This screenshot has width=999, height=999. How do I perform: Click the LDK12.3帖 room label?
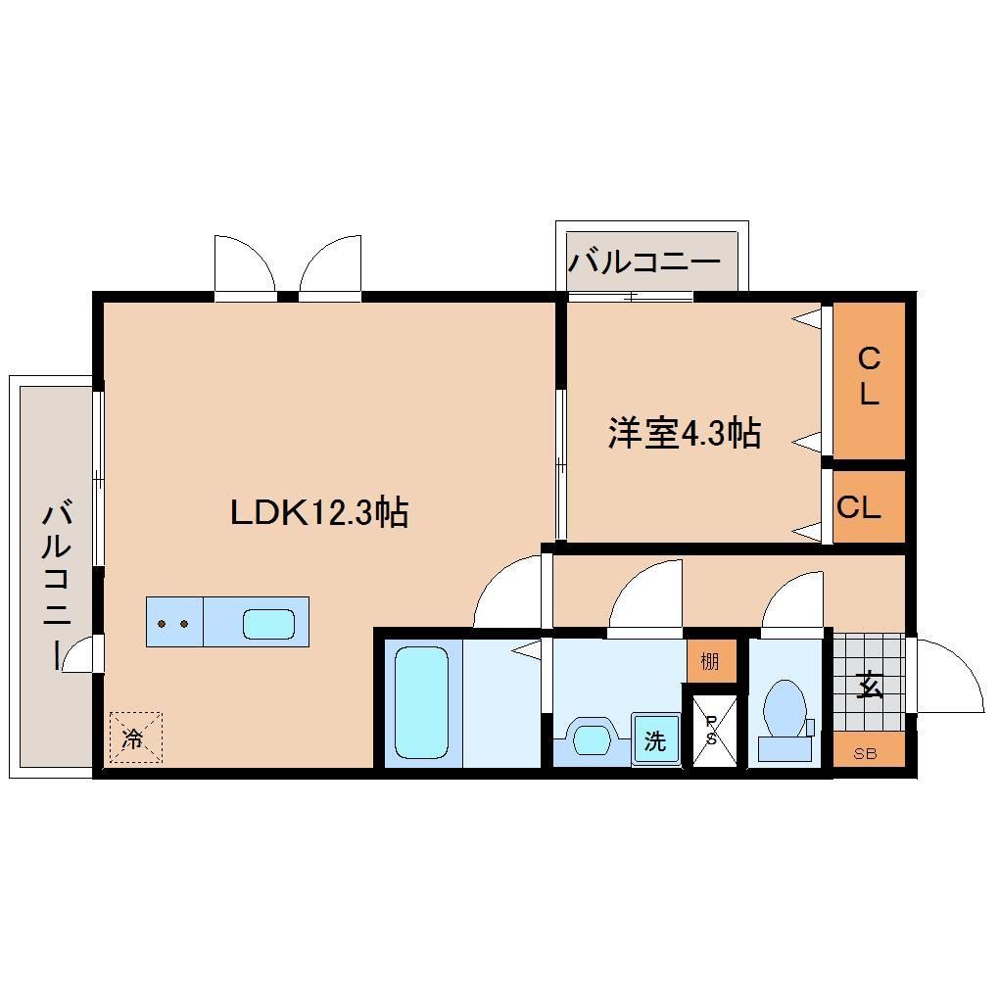[319, 512]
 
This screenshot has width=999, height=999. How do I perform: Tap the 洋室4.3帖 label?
[685, 432]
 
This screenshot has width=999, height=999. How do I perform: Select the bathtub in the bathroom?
[421, 701]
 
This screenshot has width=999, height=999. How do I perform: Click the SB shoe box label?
[865, 753]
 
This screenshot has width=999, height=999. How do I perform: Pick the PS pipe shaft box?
[712, 730]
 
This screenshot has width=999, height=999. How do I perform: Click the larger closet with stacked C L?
[869, 378]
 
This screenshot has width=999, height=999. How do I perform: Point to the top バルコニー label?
[645, 262]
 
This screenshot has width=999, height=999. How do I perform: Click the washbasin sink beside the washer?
[593, 737]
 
